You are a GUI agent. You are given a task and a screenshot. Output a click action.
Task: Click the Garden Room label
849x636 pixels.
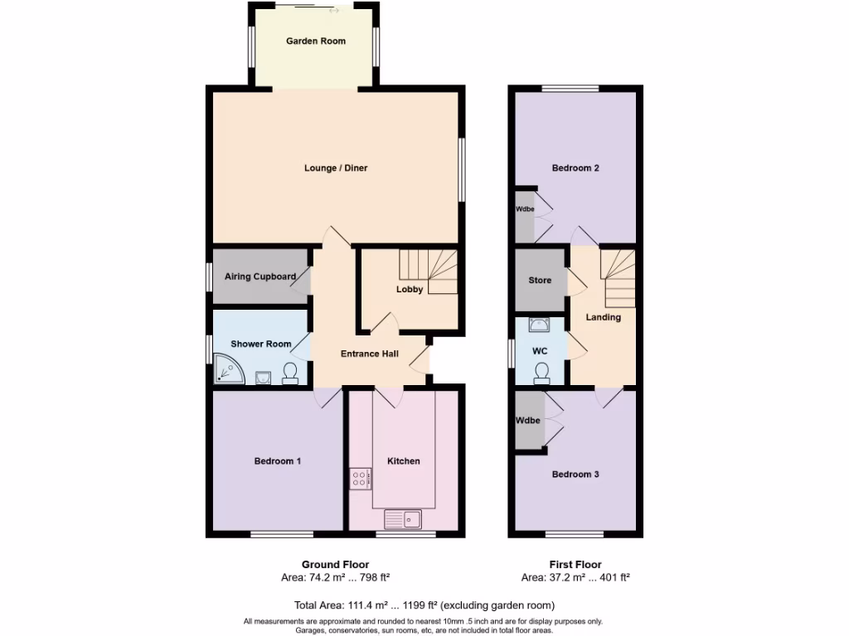tap(316, 41)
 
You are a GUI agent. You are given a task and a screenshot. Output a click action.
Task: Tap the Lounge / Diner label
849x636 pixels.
tap(336, 168)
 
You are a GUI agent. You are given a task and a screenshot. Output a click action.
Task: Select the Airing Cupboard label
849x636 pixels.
tap(260, 277)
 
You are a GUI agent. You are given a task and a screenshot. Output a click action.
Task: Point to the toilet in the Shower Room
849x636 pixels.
tap(291, 373)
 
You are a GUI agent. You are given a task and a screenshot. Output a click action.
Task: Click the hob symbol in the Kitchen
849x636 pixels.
tap(361, 478)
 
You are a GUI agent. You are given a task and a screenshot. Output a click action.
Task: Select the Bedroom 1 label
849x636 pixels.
tap(277, 461)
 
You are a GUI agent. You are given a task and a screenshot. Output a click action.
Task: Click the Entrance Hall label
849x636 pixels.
tap(370, 354)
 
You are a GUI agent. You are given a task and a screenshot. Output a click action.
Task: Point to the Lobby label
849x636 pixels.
tap(410, 289)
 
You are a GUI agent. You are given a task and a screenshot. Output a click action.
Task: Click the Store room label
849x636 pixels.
tap(540, 281)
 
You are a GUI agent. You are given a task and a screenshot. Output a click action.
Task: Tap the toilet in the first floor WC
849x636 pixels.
tap(541, 373)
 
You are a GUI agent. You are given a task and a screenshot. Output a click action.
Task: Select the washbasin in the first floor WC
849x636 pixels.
tap(540, 326)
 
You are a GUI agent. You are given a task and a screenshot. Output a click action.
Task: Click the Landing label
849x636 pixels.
tap(603, 317)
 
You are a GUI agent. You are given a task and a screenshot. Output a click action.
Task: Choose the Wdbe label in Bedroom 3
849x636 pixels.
tap(528, 421)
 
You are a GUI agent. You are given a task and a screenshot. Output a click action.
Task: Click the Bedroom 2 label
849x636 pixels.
tap(575, 168)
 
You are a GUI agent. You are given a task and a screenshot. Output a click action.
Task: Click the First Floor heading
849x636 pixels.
tap(575, 565)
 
